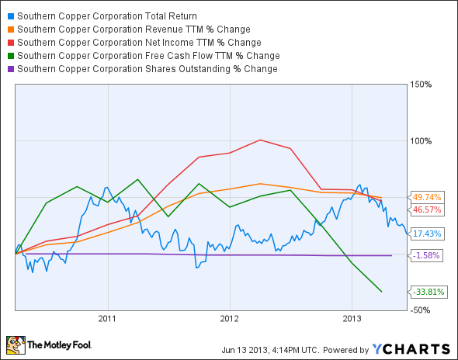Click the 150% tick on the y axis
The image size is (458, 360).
point(420,85)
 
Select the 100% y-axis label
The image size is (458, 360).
point(420,141)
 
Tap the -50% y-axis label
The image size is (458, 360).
point(420,310)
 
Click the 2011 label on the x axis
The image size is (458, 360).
point(107,318)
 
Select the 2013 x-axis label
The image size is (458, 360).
point(352,318)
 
